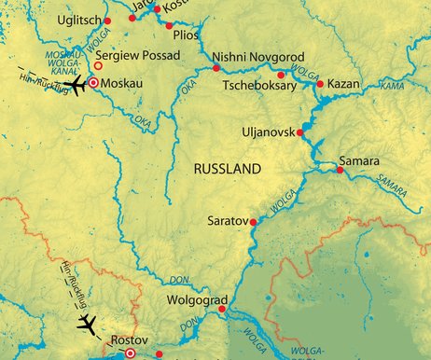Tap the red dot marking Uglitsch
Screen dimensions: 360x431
click(107, 21)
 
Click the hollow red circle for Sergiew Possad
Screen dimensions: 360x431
click(99, 65)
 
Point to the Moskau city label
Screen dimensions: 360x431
click(124, 83)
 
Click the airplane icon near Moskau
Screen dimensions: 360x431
click(74, 85)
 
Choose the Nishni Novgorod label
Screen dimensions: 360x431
click(257, 56)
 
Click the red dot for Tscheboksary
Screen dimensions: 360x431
click(281, 75)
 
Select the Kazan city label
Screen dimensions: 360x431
click(344, 84)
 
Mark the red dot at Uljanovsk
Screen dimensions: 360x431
click(300, 133)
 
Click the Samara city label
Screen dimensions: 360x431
click(360, 160)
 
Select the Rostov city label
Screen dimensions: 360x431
click(130, 339)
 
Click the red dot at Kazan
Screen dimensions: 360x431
click(320, 85)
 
